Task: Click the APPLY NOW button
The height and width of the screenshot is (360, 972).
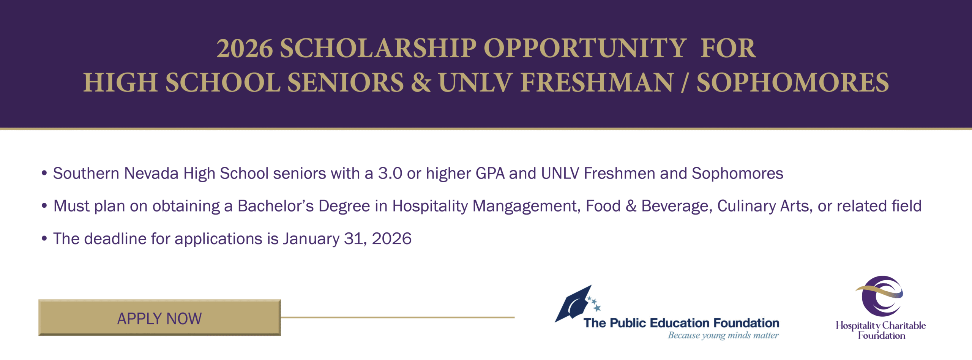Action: click(159, 317)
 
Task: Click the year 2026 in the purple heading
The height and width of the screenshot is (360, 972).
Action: click(245, 49)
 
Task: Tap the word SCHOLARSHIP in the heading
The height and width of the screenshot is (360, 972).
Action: click(378, 48)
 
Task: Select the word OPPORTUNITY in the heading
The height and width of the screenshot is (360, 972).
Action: click(585, 48)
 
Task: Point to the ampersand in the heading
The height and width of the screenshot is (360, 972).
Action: click(421, 82)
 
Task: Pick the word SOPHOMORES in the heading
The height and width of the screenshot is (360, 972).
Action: click(792, 82)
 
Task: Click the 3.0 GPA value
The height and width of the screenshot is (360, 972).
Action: click(390, 174)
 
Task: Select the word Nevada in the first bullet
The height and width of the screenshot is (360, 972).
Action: click(151, 174)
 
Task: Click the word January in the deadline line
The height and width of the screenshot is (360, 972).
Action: click(311, 239)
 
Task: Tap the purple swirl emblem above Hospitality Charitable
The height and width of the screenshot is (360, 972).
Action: click(880, 296)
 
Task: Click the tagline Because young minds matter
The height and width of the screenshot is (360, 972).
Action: click(723, 335)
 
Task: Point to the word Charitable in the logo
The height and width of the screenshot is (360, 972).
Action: click(904, 325)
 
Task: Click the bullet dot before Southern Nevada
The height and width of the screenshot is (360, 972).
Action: click(44, 174)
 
